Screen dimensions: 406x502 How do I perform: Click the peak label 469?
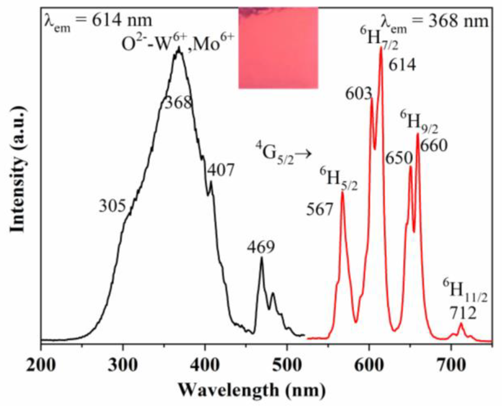point(261,247)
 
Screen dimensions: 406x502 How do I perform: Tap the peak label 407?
point(221,171)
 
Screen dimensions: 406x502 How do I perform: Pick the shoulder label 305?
point(112,206)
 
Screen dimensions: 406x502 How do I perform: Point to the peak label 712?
point(463,313)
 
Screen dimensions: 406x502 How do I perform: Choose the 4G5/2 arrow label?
point(283,154)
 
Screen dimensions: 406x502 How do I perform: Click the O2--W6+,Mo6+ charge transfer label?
point(177,44)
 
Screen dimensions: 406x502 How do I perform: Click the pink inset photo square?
point(278,48)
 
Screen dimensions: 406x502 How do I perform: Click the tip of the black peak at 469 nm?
point(262,257)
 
